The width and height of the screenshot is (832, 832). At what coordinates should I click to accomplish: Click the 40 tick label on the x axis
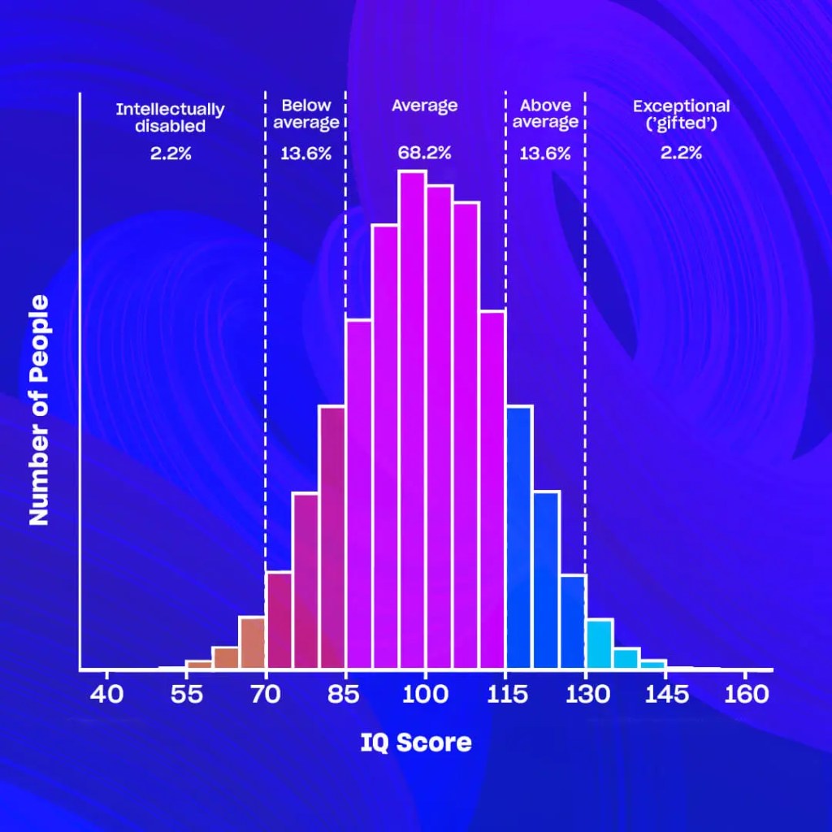[106, 695]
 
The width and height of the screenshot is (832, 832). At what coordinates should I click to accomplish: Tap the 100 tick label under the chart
[426, 695]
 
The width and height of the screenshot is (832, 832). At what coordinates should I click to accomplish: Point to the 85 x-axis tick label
[346, 695]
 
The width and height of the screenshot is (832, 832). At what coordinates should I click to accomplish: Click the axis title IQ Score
[415, 742]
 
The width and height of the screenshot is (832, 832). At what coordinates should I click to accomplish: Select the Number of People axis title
[40, 409]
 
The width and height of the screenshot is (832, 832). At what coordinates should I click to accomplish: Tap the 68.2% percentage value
[424, 153]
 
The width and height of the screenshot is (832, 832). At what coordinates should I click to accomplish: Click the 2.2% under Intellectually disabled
[171, 153]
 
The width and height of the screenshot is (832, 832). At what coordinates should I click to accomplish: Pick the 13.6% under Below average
[305, 153]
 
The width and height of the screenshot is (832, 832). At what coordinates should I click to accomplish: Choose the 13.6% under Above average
[545, 153]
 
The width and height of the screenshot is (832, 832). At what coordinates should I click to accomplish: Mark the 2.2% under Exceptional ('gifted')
[681, 153]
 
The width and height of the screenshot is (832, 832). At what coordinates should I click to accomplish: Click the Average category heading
[424, 106]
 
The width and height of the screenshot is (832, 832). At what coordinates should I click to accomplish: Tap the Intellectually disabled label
[171, 117]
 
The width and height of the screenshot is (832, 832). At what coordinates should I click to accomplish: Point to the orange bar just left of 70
[252, 643]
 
